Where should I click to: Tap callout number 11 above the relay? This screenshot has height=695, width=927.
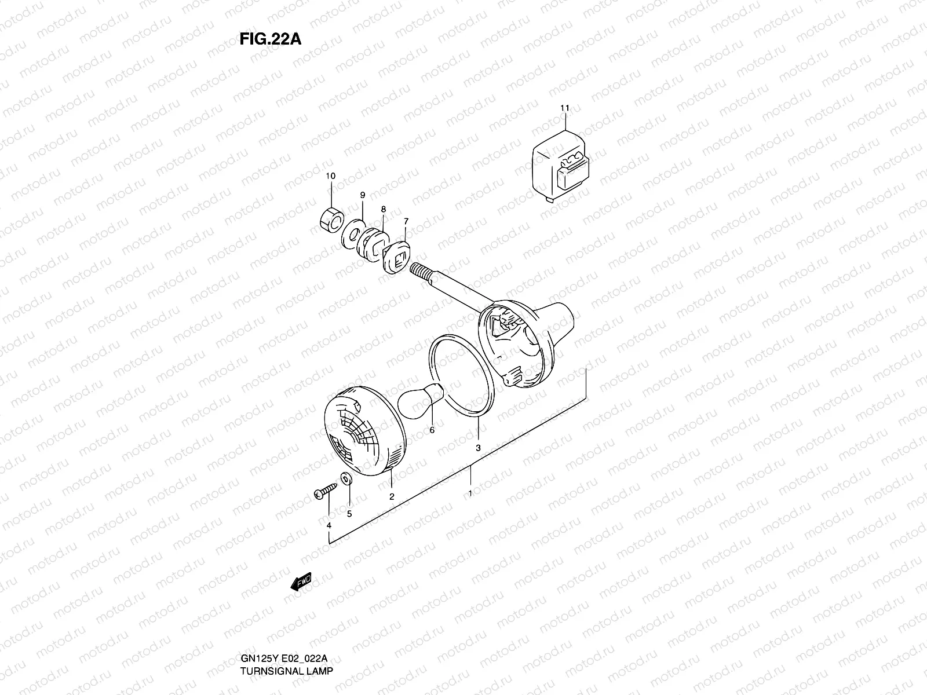565,108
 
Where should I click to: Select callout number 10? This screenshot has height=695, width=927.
330,175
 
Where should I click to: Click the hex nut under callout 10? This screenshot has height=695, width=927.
331,220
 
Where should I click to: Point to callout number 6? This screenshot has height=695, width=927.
431,430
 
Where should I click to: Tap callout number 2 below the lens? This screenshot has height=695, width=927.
392,496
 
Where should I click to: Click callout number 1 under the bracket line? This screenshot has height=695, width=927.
470,494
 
